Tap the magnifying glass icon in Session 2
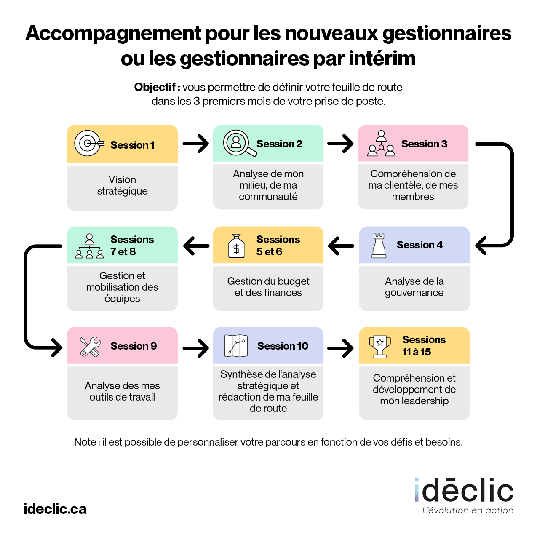[238, 143]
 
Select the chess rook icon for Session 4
[379, 245]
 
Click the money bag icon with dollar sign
[236, 246]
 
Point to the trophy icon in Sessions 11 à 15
[380, 346]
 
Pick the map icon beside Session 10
[236, 346]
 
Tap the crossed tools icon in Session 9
[90, 347]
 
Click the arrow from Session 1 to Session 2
[196, 144]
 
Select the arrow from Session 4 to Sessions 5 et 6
[341, 246]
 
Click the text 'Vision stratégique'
[122, 185]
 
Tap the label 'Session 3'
[424, 144]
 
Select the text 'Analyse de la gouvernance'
[414, 287]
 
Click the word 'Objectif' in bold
[155, 87]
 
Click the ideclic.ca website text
[55, 509]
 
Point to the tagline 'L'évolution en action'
[468, 510]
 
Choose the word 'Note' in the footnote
[85, 442]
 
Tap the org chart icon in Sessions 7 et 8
[89, 246]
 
